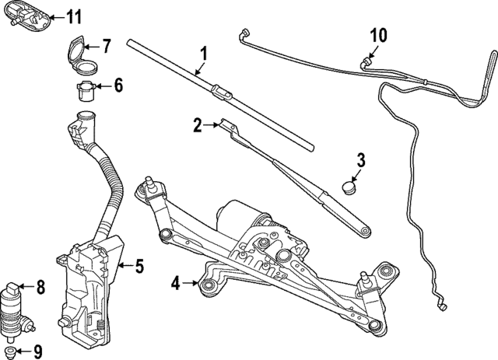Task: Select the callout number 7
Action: click(107, 47)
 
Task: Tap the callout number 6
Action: click(118, 85)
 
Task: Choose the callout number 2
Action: click(198, 124)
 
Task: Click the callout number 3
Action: click(360, 162)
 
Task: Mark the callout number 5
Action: click(139, 267)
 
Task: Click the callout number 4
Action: click(175, 285)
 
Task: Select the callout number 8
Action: click(40, 288)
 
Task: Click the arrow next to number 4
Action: click(191, 285)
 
